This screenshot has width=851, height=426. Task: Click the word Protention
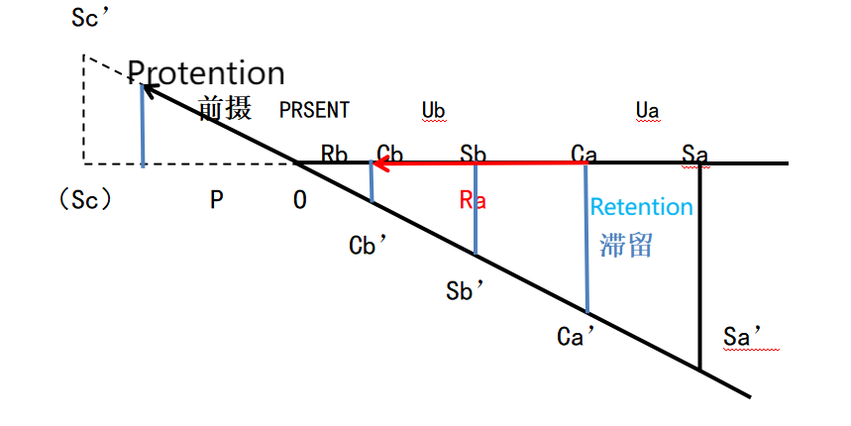tap(206, 72)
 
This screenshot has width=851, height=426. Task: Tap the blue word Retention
tap(642, 207)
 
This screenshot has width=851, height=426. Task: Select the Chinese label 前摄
tap(225, 107)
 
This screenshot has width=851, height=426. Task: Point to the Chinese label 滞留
tap(626, 245)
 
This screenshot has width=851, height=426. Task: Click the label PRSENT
tap(314, 110)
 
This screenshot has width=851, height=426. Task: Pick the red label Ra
tap(473, 200)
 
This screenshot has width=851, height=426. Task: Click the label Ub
tap(433, 111)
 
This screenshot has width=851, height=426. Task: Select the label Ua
tap(648, 111)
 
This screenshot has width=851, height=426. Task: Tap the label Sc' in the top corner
tap(91, 18)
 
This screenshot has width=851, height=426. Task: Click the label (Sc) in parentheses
tap(85, 200)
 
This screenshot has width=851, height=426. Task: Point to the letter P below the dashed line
tap(217, 200)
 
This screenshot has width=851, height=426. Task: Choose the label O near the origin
tap(300, 200)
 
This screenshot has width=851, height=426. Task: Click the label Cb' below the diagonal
tap(368, 246)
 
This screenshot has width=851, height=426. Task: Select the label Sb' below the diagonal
tap(465, 291)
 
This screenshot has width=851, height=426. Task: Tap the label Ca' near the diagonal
tap(576, 337)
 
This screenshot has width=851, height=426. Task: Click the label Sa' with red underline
tap(742, 337)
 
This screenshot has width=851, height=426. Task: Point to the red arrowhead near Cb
tap(382, 162)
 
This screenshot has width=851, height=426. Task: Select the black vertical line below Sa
tap(699, 266)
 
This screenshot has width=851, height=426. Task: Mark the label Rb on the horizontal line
tap(334, 155)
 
